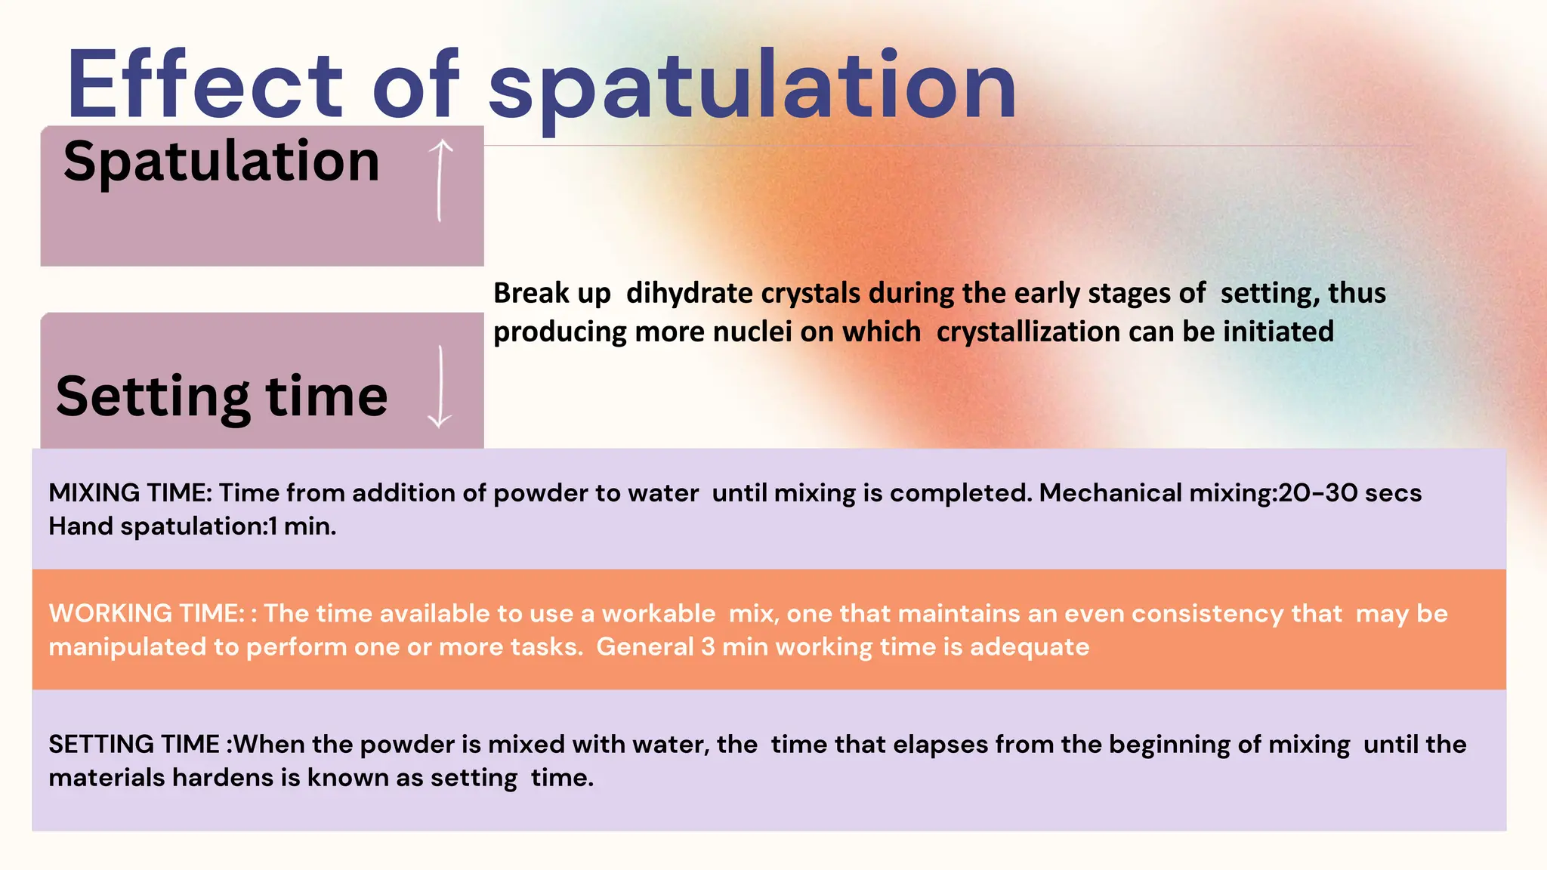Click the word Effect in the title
tap(204, 85)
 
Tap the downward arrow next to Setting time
tap(440, 387)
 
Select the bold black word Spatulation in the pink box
tap(221, 161)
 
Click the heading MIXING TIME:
tap(130, 493)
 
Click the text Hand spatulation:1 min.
tap(192, 526)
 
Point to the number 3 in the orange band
tap(707, 647)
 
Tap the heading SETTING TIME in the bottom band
tap(134, 745)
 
